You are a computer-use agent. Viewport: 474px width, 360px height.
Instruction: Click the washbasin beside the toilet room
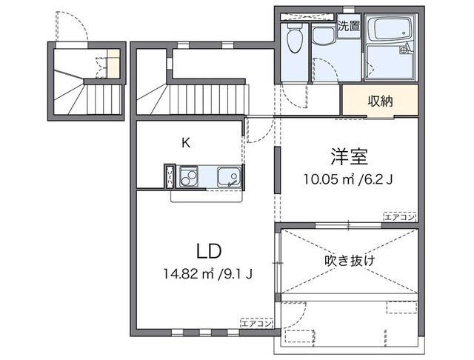click(x=323, y=36)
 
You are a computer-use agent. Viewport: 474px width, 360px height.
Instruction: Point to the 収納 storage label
click(x=379, y=101)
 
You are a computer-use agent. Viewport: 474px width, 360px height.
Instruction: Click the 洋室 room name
click(x=350, y=157)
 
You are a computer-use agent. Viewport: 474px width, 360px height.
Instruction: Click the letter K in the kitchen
click(x=187, y=143)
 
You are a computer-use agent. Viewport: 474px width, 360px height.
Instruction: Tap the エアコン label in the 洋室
click(x=400, y=217)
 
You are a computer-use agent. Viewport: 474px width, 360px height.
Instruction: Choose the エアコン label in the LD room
click(x=257, y=323)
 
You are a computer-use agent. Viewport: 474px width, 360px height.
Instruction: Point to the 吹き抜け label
click(x=350, y=260)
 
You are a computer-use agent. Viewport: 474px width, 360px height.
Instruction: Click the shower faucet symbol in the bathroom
click(x=404, y=51)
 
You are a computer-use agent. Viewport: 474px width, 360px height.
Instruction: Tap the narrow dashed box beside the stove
click(x=170, y=178)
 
